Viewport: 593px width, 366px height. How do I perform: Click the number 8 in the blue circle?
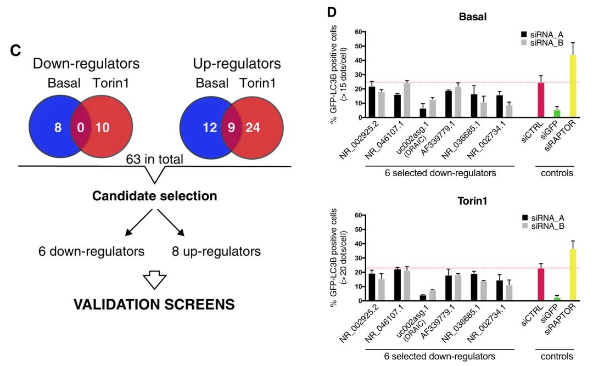[x=58, y=128]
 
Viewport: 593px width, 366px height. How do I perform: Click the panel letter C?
[x=16, y=51]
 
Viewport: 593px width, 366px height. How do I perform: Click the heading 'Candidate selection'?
[x=154, y=196]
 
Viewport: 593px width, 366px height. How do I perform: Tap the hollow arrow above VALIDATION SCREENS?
[x=154, y=281]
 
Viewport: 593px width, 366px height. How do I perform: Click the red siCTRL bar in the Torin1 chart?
[x=541, y=284]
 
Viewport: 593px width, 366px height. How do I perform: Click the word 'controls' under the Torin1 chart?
[x=555, y=356]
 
